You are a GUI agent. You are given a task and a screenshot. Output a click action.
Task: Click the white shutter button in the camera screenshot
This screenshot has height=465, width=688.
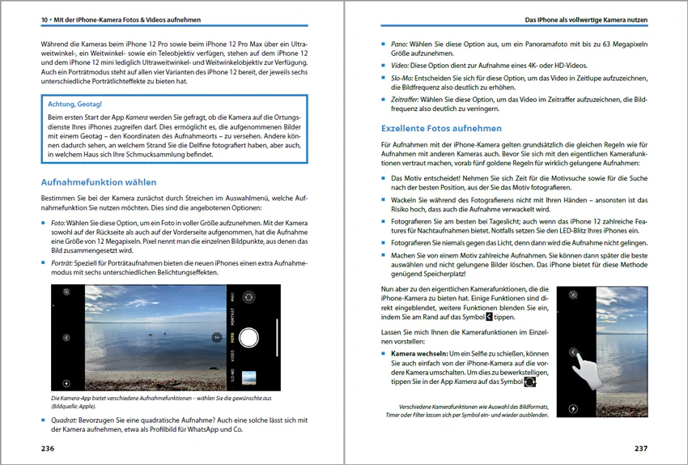tap(249, 337)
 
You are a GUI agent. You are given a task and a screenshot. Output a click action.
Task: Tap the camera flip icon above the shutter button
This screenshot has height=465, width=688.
tap(249, 297)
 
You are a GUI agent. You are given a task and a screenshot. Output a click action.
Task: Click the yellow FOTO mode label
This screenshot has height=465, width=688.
tap(231, 336)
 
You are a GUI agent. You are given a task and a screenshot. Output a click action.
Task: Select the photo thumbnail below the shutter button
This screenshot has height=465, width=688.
tap(249, 377)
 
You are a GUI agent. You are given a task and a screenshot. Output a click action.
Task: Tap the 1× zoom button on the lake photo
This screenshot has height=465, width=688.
tap(216, 337)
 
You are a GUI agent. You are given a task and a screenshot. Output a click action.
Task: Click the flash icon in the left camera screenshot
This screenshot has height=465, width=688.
tap(66, 383)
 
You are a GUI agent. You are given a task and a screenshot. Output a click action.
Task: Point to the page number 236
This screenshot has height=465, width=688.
tap(48, 449)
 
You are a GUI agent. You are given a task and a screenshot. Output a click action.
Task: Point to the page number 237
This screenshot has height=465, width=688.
tap(640, 449)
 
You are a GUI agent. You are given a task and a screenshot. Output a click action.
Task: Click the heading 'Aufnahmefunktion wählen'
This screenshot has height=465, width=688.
tap(98, 182)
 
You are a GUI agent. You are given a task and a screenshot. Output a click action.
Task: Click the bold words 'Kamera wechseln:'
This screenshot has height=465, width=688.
tap(418, 354)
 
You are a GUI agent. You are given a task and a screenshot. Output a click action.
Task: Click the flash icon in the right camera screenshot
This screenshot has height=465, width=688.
tap(573, 410)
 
